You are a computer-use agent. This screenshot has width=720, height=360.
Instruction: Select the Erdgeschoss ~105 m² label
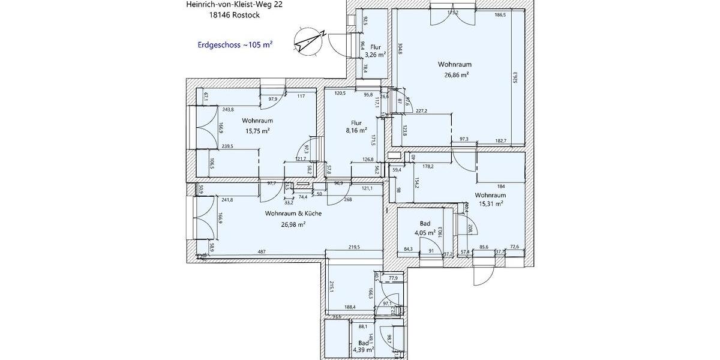[x=235, y=45]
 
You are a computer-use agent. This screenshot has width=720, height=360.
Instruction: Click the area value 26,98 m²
[x=293, y=224]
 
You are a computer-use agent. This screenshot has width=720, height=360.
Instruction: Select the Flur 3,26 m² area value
[x=375, y=55]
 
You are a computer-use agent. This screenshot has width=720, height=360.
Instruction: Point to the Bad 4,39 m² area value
[x=362, y=350]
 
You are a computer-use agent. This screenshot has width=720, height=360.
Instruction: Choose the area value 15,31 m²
[x=490, y=204]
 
